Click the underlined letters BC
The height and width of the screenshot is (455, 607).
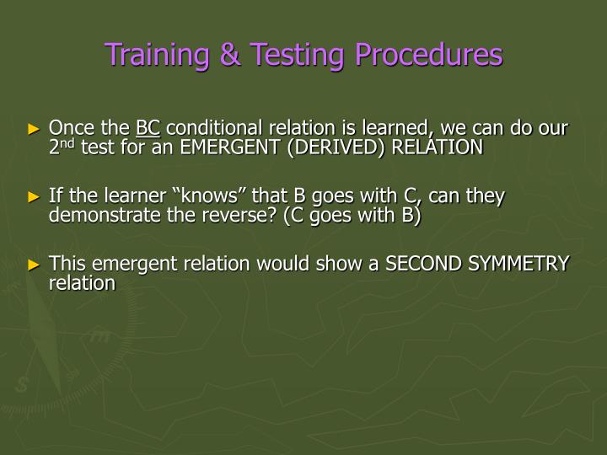(x=148, y=129)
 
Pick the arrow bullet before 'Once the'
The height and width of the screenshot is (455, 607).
(x=34, y=130)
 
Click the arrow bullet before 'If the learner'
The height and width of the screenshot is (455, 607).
(x=34, y=197)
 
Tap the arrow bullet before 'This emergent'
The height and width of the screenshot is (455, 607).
(x=34, y=265)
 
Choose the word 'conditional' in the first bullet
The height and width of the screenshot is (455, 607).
(x=212, y=129)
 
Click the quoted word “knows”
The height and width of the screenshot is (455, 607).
(x=193, y=196)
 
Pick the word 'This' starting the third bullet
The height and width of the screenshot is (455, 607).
(x=67, y=264)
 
